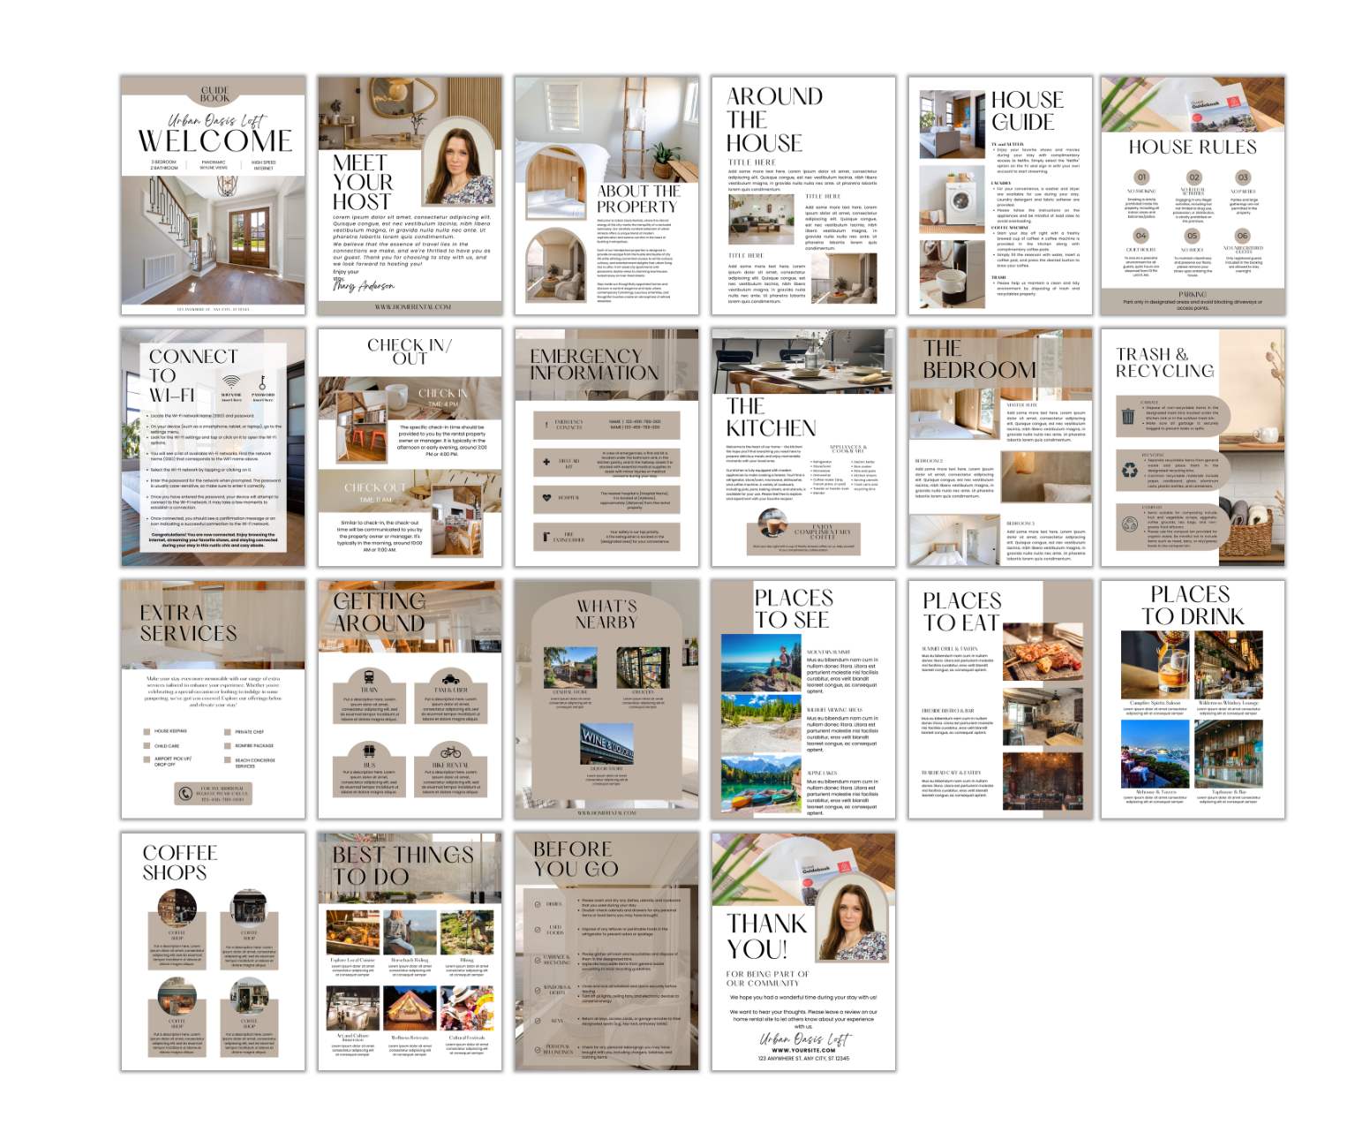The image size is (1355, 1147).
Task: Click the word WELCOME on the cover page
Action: (215, 141)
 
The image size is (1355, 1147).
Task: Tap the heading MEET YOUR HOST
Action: (362, 182)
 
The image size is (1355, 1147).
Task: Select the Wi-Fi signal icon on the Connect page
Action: (231, 382)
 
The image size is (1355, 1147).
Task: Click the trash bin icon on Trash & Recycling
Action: (1128, 416)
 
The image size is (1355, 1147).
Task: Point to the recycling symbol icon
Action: (1129, 471)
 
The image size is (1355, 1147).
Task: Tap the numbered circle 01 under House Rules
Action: (1141, 177)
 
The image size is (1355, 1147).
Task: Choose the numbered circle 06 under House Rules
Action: (1242, 236)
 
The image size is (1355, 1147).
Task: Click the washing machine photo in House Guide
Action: (952, 197)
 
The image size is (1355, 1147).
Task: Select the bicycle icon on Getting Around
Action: (450, 752)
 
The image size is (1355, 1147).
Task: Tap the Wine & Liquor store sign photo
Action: (606, 743)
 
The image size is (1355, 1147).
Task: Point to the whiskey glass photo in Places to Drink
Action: (1154, 665)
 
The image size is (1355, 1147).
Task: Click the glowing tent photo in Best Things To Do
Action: (410, 1008)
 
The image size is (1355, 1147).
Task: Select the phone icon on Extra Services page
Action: (184, 793)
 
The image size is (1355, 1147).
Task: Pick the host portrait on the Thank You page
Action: (851, 922)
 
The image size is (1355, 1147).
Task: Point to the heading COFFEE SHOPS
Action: (180, 863)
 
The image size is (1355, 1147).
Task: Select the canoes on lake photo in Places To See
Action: (760, 784)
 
